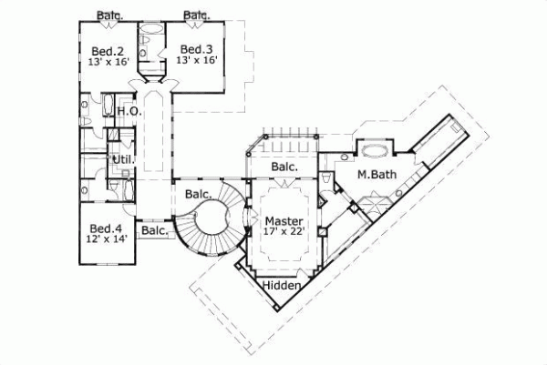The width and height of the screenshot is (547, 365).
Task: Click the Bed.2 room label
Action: click(107, 49)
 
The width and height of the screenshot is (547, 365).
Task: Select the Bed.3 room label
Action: click(196, 49)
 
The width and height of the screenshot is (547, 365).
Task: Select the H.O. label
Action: click(128, 111)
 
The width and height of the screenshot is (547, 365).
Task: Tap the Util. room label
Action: click(122, 160)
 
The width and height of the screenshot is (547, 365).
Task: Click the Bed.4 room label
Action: click(100, 230)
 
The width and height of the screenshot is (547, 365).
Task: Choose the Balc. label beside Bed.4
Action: click(155, 231)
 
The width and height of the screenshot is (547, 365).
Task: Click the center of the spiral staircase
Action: click(217, 219)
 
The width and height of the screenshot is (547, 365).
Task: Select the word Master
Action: click(284, 220)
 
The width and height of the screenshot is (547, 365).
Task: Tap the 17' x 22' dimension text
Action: click(284, 233)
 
